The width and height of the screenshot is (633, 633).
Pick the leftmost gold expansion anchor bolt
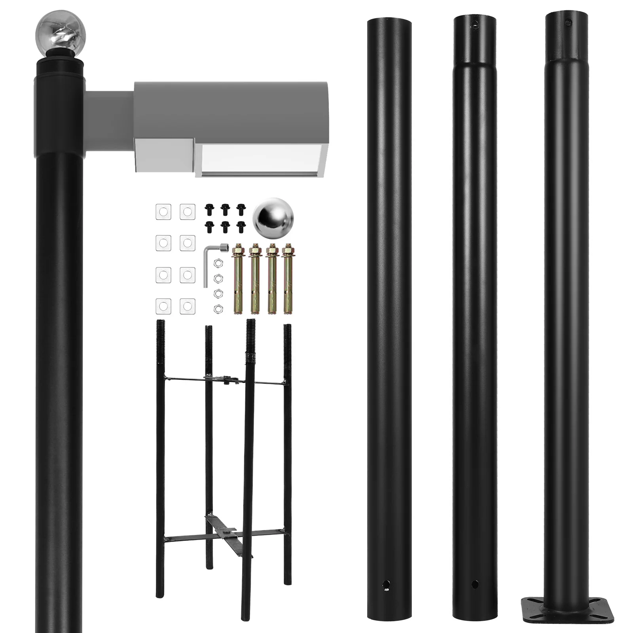point(239,279)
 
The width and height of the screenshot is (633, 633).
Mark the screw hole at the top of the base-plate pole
point(568,23)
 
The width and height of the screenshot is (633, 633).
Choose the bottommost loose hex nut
point(217,308)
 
